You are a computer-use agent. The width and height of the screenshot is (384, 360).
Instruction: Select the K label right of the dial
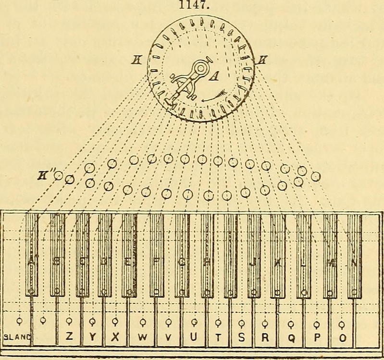tap(261, 60)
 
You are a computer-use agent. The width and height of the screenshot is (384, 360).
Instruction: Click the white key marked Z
tap(69, 337)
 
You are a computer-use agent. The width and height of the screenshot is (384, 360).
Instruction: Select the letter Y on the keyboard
tap(92, 337)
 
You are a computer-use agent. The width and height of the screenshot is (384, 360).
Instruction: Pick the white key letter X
tap(115, 337)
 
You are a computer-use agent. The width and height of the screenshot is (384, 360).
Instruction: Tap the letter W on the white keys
tap(142, 337)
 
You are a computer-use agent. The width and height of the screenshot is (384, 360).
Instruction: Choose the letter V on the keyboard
tap(168, 337)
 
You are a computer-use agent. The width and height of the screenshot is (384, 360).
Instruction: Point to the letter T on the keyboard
tap(218, 337)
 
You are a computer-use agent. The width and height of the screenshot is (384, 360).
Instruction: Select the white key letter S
tap(241, 337)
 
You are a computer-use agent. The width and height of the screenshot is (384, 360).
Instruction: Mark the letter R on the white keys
tap(264, 337)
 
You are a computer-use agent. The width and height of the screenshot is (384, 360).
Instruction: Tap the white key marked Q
tap(291, 337)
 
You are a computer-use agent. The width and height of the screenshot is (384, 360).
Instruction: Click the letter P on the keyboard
tap(316, 337)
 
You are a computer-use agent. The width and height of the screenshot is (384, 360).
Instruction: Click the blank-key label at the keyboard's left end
tap(16, 337)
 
